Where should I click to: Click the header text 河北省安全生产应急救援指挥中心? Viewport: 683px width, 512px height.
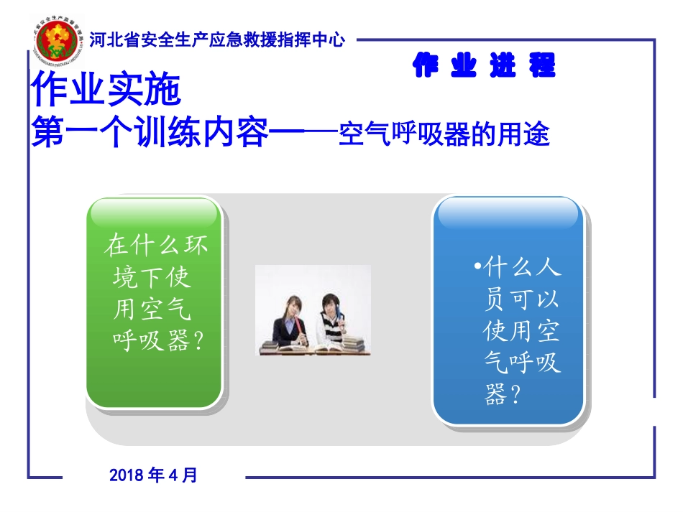(216, 40)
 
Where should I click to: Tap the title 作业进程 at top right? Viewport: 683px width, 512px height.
(484, 67)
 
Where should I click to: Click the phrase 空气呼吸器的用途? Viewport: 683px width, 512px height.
(444, 134)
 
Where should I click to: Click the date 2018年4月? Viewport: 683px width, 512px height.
(153, 475)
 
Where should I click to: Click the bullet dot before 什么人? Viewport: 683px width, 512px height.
(477, 269)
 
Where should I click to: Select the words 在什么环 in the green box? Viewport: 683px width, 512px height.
(156, 246)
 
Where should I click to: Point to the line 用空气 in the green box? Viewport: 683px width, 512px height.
(152, 309)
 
